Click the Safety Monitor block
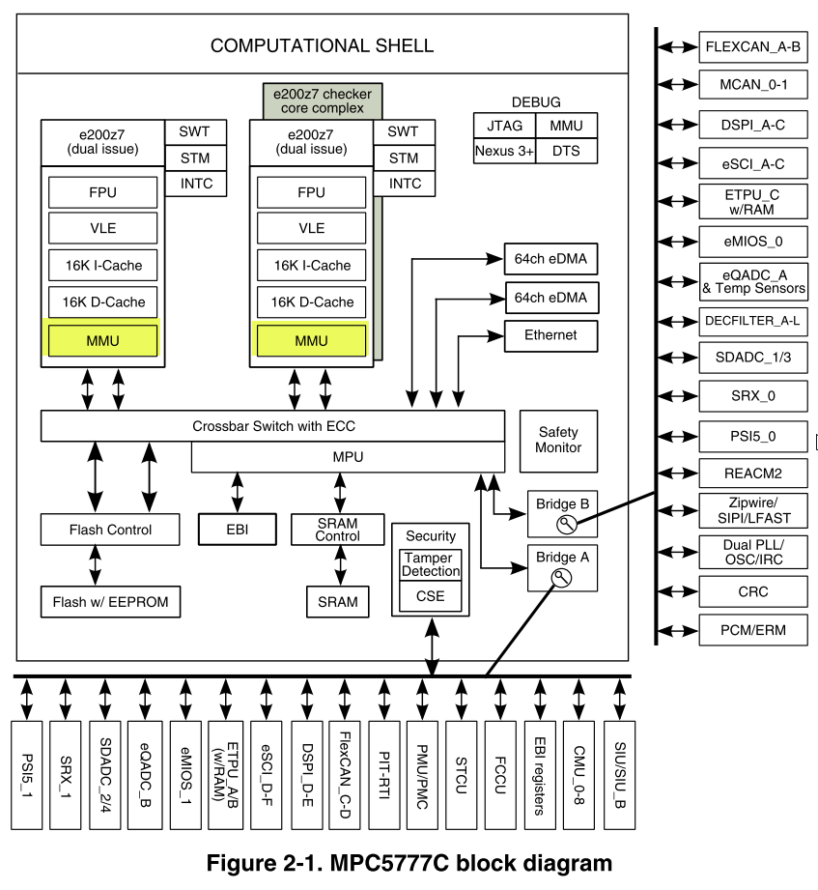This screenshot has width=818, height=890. [559, 440]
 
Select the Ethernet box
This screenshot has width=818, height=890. [550, 335]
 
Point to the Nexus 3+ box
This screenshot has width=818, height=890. [503, 152]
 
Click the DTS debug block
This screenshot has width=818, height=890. [565, 152]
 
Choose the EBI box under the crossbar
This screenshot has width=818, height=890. [238, 530]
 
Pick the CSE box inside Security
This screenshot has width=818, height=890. [431, 596]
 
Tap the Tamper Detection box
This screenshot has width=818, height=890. [431, 564]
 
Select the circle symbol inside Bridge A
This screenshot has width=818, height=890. [559, 578]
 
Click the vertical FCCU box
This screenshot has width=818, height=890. [501, 774]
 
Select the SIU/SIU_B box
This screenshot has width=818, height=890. [620, 774]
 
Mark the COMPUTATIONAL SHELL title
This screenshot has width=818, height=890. [322, 45]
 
